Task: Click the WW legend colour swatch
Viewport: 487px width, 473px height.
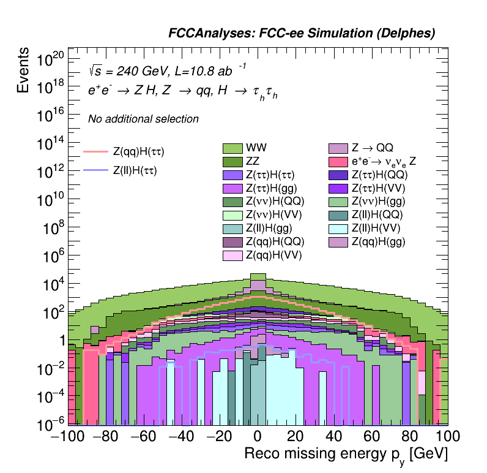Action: (x=232, y=148)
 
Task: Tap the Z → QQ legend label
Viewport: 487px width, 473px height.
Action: (x=372, y=148)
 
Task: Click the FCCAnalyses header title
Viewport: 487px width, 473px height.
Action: (x=302, y=34)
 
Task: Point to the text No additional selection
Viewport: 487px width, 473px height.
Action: (x=143, y=119)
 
